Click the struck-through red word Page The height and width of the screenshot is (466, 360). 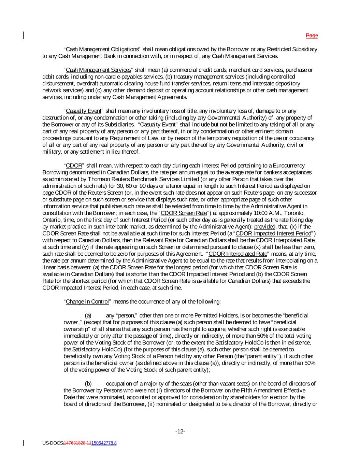312,36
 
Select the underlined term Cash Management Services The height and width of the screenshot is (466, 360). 98,70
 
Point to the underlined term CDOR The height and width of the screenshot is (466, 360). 74,166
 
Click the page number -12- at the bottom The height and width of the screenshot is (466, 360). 180,432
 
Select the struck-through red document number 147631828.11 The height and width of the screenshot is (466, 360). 77,443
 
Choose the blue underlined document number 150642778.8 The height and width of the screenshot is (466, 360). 104,443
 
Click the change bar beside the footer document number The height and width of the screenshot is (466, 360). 24,443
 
